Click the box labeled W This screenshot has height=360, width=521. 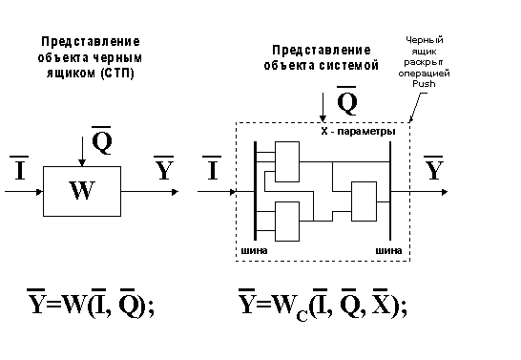[82, 192]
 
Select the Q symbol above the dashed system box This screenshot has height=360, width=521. [348, 100]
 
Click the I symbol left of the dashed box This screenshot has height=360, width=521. [213, 170]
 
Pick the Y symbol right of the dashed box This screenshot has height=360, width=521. [435, 169]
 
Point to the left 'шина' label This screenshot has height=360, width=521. [253, 251]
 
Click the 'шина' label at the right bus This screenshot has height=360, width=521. [388, 251]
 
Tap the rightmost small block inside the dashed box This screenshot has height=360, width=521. [364, 200]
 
